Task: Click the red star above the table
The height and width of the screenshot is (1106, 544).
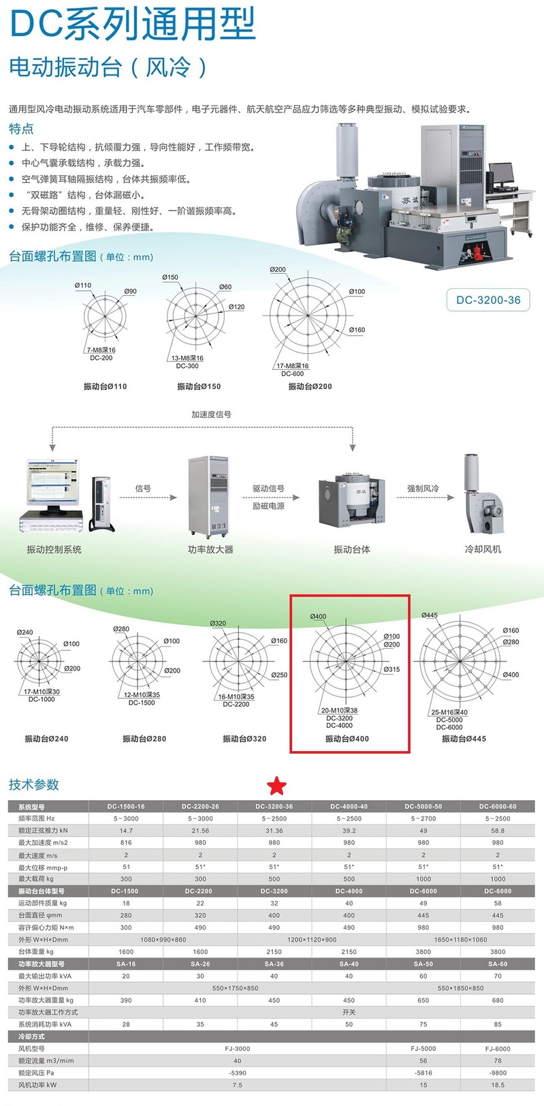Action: pos(276,786)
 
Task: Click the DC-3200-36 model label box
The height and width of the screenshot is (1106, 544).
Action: pos(488,300)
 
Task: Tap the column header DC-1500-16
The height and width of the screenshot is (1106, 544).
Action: pos(126,806)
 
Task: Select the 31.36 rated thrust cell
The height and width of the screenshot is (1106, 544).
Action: pos(274,831)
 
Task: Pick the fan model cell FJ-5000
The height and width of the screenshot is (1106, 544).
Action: pos(423,1049)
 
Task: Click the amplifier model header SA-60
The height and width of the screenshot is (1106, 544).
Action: pos(498,964)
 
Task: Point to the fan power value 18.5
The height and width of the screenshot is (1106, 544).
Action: pos(498,1085)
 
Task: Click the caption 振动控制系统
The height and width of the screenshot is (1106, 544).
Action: pos(54,549)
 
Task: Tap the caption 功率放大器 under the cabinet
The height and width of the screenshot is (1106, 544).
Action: pos(210,549)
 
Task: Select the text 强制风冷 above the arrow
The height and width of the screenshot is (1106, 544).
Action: pos(423,489)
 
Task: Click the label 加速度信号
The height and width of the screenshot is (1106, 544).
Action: pos(211,414)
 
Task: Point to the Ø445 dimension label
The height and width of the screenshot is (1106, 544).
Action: pos(430,615)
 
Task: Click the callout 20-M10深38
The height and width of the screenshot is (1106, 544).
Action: pos(339,710)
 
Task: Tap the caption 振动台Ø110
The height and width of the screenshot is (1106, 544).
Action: pos(105,386)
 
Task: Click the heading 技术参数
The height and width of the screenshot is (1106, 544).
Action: pos(34,784)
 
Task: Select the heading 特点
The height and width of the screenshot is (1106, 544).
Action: pos(21,129)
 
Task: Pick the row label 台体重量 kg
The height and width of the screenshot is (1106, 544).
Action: pos(36,951)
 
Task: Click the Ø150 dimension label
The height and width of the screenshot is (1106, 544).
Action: pos(170,277)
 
